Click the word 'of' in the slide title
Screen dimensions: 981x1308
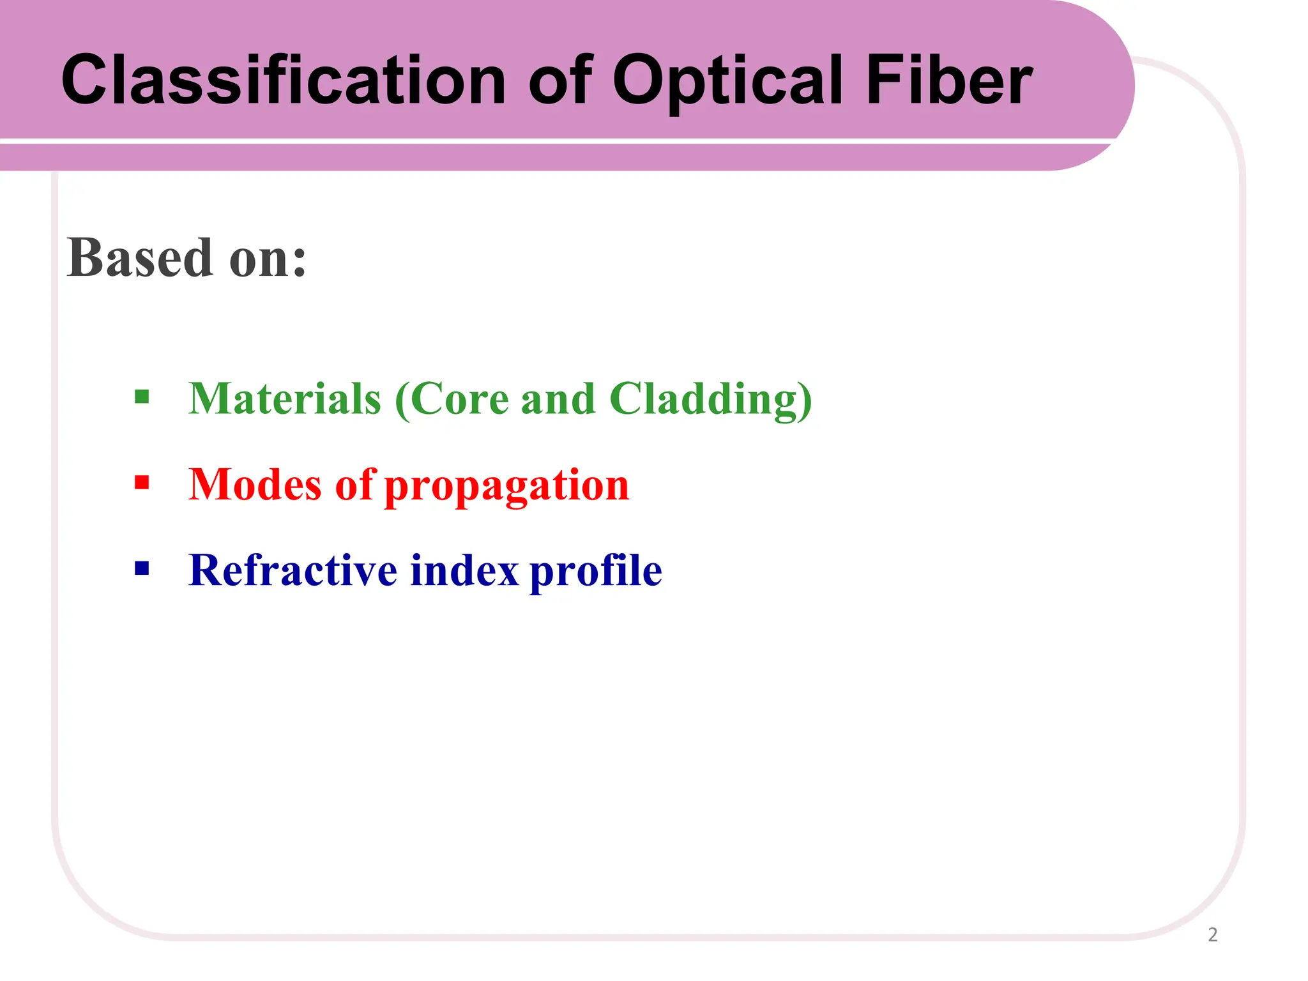[561, 80]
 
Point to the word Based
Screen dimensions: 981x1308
[139, 258]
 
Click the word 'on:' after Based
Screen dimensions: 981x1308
[268, 259]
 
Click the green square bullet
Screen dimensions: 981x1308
[142, 397]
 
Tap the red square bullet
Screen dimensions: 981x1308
[142, 482]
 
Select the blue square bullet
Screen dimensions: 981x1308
[142, 568]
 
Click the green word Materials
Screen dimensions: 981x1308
[285, 399]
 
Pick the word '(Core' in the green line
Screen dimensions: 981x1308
[452, 399]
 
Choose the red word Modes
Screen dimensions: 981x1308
[255, 484]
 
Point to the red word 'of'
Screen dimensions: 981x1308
[354, 484]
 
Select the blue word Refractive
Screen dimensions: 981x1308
[293, 570]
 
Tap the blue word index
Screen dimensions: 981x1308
[464, 570]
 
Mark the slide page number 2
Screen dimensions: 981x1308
[1212, 935]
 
